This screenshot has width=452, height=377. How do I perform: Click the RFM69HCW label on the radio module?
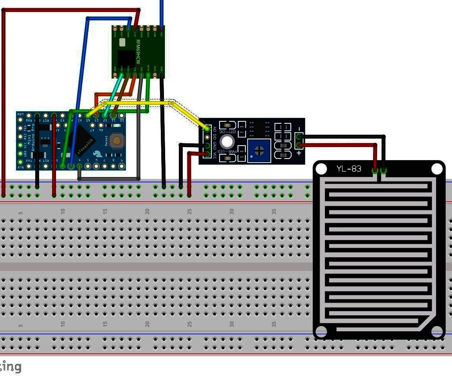[138, 52]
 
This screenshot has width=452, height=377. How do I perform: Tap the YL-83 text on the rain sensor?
[348, 169]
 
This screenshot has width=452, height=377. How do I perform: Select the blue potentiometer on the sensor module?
[259, 151]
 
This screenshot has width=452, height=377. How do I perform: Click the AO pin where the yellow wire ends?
[207, 128]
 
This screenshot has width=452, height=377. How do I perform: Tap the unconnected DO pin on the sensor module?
[207, 137]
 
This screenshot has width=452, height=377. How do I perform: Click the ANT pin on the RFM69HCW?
[162, 29]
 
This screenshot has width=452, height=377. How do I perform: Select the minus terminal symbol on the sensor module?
[299, 129]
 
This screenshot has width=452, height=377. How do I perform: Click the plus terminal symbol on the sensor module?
[299, 153]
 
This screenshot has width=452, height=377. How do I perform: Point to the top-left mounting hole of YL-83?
[321, 169]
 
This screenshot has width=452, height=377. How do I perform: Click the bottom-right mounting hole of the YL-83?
[437, 332]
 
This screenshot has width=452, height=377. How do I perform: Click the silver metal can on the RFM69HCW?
[122, 42]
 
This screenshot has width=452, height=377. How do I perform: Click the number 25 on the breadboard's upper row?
[190, 211]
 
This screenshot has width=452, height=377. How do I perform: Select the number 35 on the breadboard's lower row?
[274, 324]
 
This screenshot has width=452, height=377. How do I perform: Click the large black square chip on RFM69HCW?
[126, 58]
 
